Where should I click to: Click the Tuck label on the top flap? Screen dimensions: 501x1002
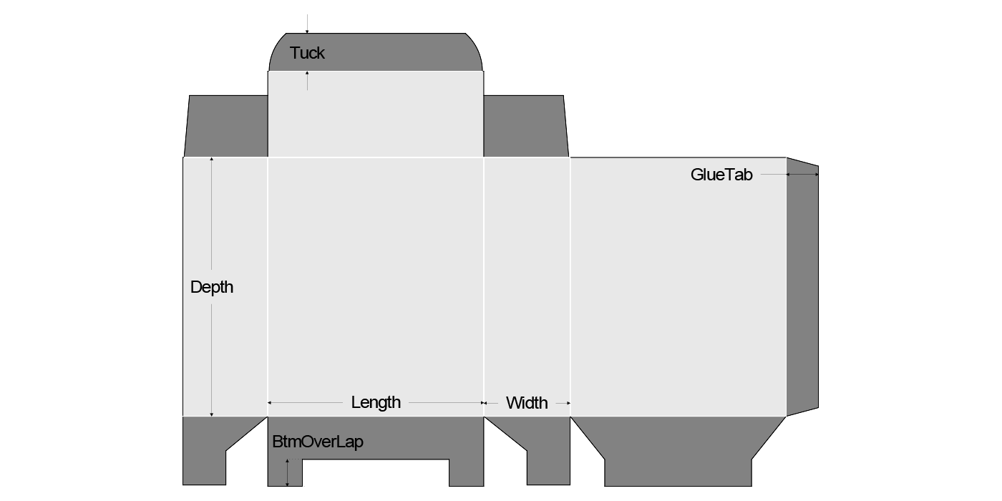(x=307, y=53)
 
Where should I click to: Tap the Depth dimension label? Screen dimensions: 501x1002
(x=212, y=288)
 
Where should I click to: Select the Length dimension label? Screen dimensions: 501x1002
(x=376, y=402)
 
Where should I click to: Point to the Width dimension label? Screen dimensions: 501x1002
(x=527, y=403)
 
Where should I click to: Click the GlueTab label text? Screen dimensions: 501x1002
(x=721, y=175)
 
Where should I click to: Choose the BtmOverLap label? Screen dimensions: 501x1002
(x=318, y=442)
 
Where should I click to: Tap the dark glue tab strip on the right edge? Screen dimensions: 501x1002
(x=802, y=286)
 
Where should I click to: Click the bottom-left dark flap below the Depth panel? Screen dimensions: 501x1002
(x=208, y=451)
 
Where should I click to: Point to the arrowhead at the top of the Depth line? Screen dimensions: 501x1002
(x=212, y=160)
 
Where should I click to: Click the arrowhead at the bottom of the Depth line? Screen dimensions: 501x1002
(x=212, y=413)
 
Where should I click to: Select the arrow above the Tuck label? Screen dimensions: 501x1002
(x=307, y=29)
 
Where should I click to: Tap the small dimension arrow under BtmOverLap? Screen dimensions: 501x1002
(x=288, y=472)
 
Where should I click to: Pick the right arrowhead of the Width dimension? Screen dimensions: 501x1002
(x=568, y=403)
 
